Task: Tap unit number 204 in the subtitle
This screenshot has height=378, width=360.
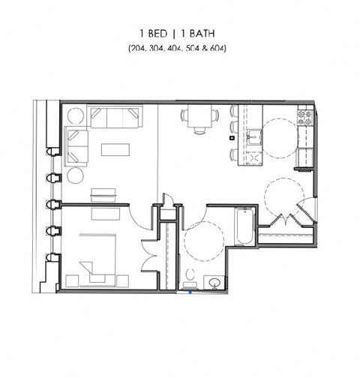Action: coord(138,48)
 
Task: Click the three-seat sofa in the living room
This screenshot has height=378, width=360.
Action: coord(113,116)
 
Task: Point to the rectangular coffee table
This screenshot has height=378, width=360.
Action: coord(115,149)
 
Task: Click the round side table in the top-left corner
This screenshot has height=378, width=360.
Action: coord(76,117)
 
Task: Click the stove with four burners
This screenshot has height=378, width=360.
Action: coord(305,118)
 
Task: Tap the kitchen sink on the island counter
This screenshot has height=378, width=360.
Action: coord(255,136)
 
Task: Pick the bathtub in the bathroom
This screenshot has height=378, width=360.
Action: coord(244,227)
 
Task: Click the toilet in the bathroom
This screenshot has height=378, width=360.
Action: coord(190,277)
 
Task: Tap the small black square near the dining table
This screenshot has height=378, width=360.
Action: coord(232,138)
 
